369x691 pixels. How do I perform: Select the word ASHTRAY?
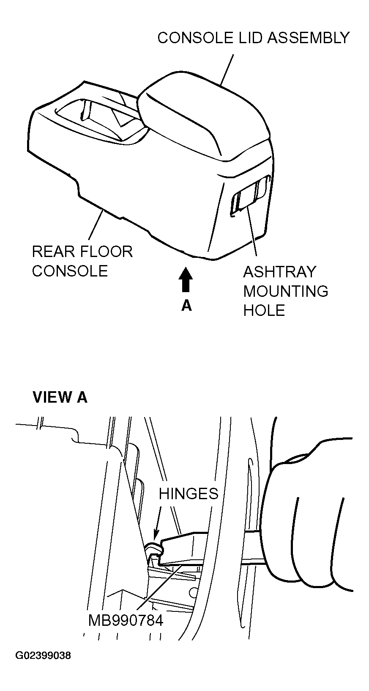click(279, 271)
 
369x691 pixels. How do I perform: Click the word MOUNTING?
click(286, 291)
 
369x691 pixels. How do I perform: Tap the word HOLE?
click(264, 311)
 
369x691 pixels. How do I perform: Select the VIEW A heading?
click(60, 397)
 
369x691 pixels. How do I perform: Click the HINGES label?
click(189, 493)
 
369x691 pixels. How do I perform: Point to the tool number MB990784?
click(126, 621)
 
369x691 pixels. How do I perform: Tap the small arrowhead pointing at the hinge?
click(155, 537)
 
